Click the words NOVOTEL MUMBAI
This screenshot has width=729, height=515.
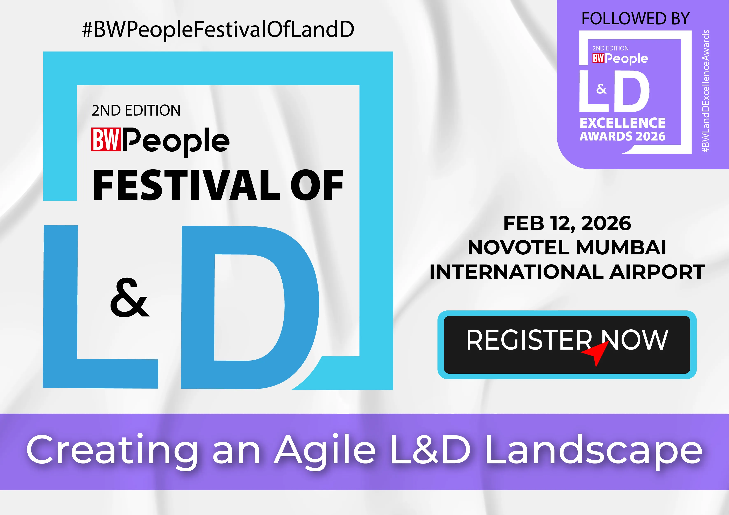567,247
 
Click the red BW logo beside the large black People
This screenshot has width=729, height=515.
106,139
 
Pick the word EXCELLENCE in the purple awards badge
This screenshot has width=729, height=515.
623,123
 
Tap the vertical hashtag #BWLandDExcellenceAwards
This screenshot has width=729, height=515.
706,91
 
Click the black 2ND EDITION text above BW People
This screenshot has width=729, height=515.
136,111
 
